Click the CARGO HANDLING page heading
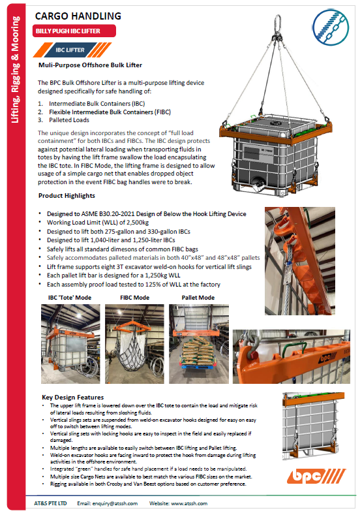(x=78, y=16)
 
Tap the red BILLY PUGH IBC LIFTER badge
(x=74, y=31)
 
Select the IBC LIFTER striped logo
(x=72, y=50)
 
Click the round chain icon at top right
(x=330, y=27)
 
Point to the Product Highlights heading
(x=67, y=196)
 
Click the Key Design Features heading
(x=73, y=398)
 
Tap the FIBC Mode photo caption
(x=135, y=298)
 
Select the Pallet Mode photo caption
(x=198, y=298)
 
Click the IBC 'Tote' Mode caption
(x=70, y=298)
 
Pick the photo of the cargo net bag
(x=134, y=344)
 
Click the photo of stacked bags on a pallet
(x=199, y=344)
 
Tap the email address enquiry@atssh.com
(x=115, y=503)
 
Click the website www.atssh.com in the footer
(x=189, y=503)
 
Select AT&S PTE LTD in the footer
(x=50, y=503)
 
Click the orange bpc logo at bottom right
(x=316, y=476)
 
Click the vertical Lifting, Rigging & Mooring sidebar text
(x=16, y=70)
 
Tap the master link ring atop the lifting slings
(x=278, y=22)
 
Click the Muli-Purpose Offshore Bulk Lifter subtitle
(x=90, y=65)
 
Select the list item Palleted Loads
(x=69, y=120)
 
